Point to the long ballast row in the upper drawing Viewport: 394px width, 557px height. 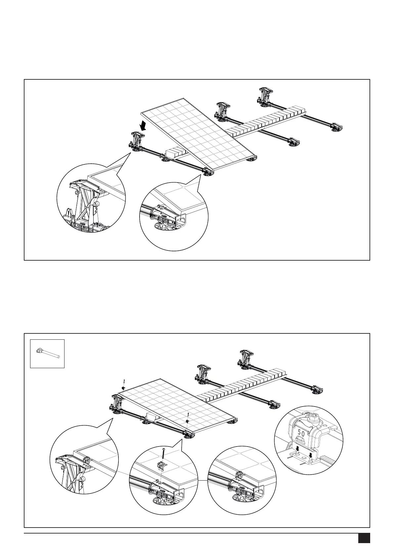pos(265,122)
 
